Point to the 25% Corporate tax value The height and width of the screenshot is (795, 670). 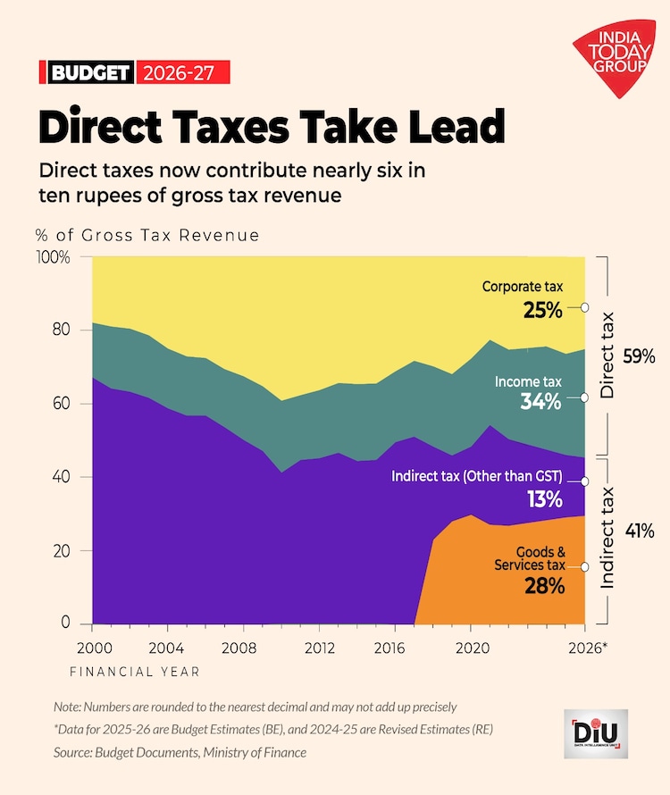point(542,310)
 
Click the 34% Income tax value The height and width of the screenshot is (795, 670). point(541,402)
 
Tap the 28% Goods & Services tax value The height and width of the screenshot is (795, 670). point(543,586)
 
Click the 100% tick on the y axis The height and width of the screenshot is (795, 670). point(52,257)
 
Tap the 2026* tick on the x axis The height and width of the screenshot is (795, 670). point(587,647)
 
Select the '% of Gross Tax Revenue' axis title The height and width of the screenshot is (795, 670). point(147,236)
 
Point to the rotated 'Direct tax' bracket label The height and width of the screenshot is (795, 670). point(607,356)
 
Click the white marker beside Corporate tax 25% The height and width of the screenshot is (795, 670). point(584,306)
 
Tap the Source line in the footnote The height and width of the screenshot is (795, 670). point(179,752)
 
